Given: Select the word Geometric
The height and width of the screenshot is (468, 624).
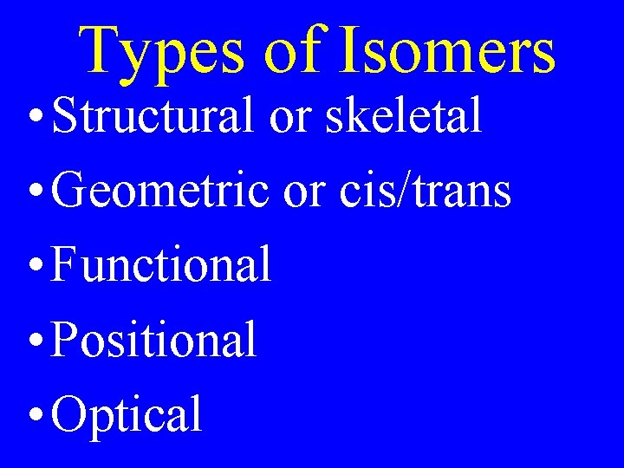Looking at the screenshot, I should pos(160,191).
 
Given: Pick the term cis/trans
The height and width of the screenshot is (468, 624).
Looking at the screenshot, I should pos(425,191).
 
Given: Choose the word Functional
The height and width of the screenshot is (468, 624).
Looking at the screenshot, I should pos(161,264).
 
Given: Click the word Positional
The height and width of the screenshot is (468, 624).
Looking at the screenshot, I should pos(154,339).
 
